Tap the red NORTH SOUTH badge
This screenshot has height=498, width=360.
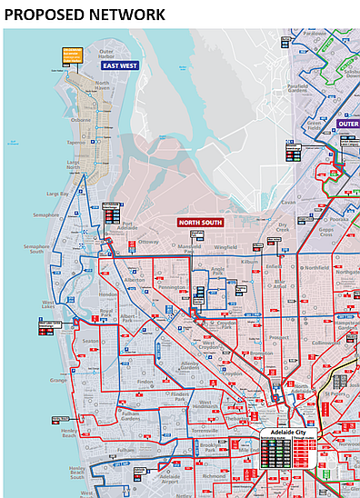[x=199, y=222]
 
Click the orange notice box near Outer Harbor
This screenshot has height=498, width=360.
[x=72, y=56]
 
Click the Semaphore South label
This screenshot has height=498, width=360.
[x=37, y=250]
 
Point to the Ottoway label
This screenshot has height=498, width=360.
[x=147, y=242]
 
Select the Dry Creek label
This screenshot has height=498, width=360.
[x=284, y=226]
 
